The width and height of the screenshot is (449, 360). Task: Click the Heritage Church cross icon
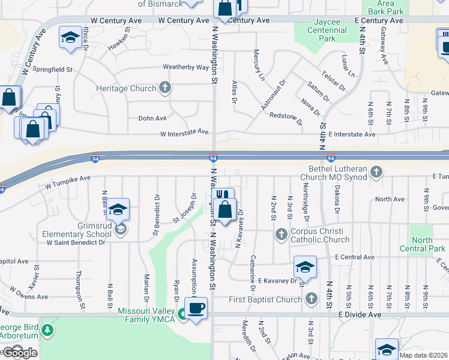(165, 88)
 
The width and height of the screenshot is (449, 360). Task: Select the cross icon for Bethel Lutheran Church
(376, 173)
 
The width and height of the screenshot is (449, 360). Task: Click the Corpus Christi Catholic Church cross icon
(280, 234)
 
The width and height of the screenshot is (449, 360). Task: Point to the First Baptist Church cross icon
(310, 299)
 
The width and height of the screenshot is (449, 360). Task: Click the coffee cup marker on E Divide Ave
(196, 309)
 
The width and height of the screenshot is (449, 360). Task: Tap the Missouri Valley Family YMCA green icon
(182, 313)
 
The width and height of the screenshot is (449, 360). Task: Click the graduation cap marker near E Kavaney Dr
(305, 267)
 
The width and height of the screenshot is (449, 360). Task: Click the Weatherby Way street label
(185, 68)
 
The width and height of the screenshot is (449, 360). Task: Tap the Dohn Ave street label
(152, 118)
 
